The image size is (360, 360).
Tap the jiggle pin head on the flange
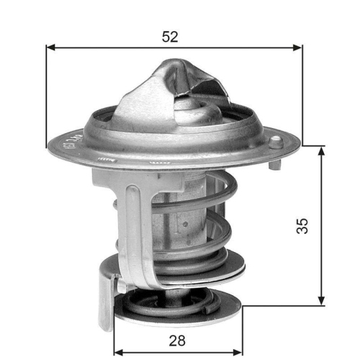pos(274,140)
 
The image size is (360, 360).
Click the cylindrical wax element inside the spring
pos(184,216)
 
